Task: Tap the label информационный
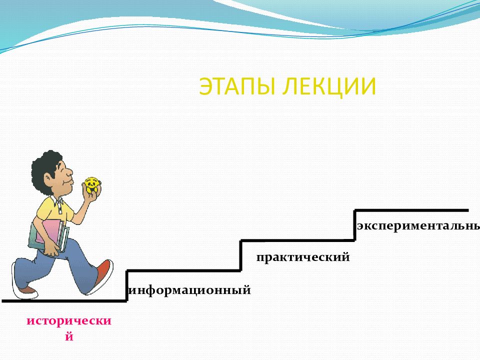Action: [190, 289]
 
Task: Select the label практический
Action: [302, 257]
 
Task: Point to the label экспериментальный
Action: [418, 225]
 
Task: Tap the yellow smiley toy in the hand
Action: [91, 185]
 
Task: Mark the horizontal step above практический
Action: [297, 240]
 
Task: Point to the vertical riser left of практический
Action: [241, 255]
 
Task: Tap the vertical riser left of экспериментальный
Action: [355, 225]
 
